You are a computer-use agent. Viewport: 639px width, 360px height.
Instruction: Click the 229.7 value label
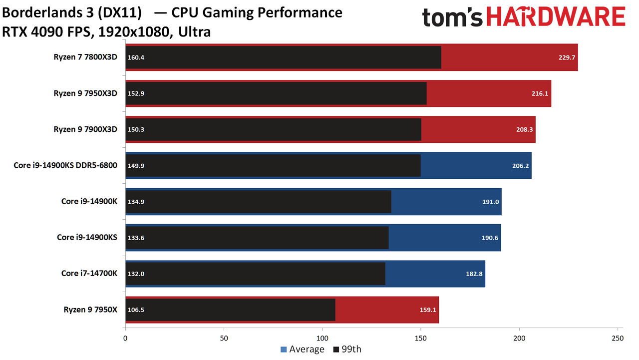[567, 57]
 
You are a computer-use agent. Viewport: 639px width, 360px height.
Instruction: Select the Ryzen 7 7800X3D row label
[85, 57]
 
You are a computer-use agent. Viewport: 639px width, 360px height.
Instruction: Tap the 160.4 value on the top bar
[136, 57]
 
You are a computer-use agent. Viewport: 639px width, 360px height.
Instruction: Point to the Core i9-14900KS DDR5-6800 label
[65, 165]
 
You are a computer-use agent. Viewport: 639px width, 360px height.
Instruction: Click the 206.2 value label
[520, 166]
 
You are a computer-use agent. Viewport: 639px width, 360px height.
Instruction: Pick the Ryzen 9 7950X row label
[90, 310]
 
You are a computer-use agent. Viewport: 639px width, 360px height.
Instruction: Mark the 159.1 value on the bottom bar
[428, 310]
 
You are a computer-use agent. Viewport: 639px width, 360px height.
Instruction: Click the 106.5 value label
[136, 310]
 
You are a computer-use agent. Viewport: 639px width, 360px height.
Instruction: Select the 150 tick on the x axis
[421, 339]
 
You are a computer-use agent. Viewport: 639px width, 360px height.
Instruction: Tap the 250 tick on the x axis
[618, 339]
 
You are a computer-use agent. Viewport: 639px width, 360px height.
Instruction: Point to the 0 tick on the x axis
[125, 339]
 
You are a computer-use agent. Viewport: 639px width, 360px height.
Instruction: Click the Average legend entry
[303, 349]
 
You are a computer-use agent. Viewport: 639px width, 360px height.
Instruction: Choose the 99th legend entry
[347, 349]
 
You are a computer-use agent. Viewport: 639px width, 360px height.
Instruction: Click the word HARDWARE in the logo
[556, 16]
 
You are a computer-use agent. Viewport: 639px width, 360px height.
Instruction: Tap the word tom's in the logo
[452, 17]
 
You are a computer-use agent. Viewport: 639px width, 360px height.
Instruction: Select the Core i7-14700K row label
[89, 273]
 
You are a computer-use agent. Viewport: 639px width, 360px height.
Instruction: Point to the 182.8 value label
[474, 274]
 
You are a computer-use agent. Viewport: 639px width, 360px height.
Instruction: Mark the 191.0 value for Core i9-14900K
[490, 202]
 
